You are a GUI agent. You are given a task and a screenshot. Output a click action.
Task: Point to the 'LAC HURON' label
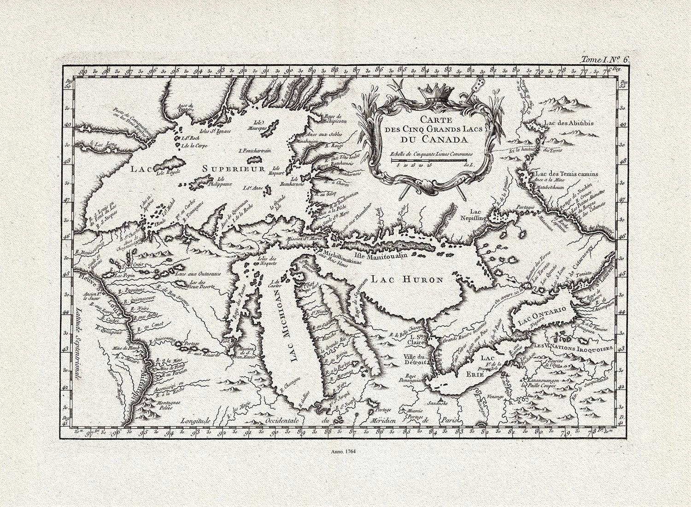[x=407, y=279]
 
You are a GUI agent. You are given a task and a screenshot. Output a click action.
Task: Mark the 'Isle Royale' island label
[x=167, y=174]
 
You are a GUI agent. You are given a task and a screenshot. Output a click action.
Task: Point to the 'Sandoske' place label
[x=442, y=403]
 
